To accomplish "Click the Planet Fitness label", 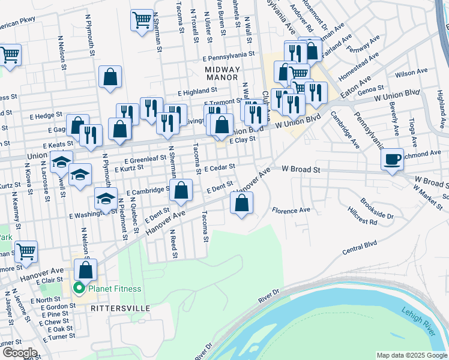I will coord(115,289).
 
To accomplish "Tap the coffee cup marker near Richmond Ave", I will coord(392,160).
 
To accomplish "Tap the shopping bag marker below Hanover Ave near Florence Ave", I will coord(241,204).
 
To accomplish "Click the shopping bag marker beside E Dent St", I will coord(181,191).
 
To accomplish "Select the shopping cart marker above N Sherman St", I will coord(142,20).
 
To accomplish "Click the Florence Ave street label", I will coord(291,211).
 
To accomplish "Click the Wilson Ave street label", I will coord(411,72).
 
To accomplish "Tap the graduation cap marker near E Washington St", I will coord(106,199).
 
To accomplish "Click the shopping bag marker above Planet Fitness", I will coord(86,271).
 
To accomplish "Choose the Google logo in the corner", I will coord(19,353).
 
